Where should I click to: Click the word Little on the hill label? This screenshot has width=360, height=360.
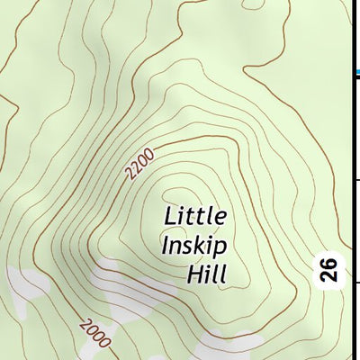click(195, 216)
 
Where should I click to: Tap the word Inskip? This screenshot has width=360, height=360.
click(193, 244)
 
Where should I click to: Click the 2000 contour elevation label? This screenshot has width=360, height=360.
click(94, 334)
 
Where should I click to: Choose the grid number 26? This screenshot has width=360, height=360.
click(330, 269)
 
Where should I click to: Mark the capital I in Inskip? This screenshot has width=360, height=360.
click(165, 244)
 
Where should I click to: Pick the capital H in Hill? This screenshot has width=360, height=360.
click(192, 272)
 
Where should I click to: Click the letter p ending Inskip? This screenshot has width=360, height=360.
click(220, 246)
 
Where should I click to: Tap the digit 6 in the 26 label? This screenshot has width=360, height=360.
click(330, 262)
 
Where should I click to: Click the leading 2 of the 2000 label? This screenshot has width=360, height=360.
click(84, 324)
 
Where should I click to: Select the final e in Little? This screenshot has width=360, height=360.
click(220, 217)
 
